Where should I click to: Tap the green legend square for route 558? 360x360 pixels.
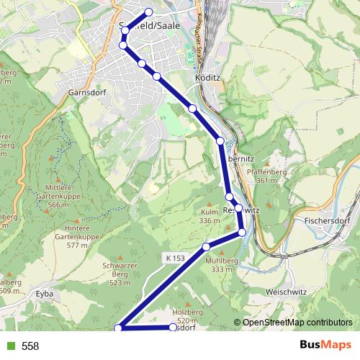(x=9, y=346)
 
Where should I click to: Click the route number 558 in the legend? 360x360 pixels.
(x=30, y=346)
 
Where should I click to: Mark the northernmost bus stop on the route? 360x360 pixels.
(x=149, y=12)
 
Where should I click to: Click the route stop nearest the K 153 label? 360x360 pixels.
(x=207, y=246)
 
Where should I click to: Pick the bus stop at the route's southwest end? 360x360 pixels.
(x=119, y=328)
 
